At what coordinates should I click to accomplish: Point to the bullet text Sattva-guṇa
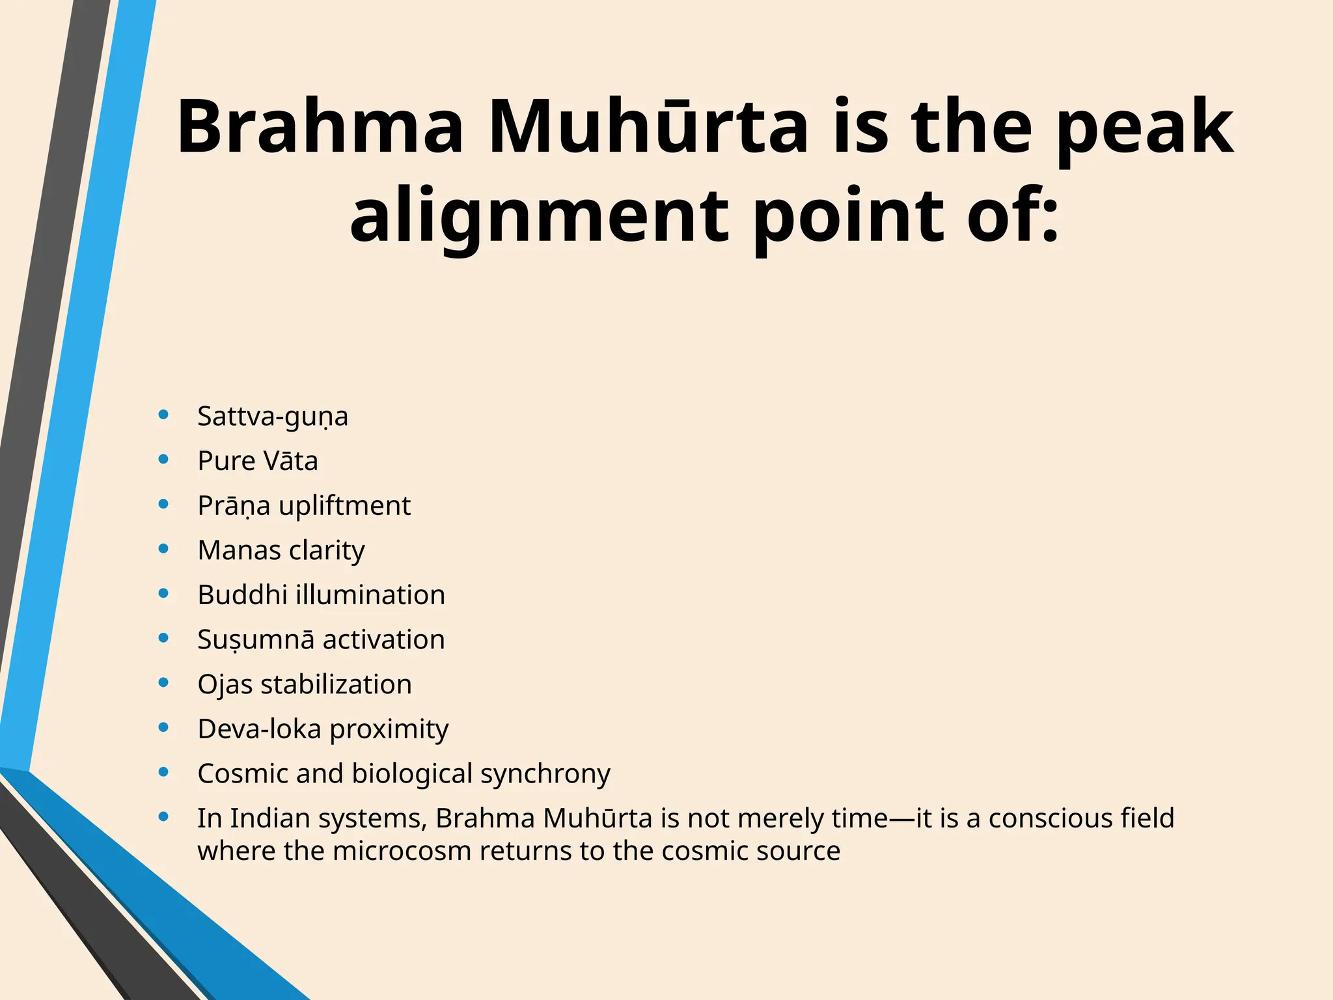pos(273,417)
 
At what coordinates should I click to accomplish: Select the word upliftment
pos(344,507)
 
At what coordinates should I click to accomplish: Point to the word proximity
pos(389,730)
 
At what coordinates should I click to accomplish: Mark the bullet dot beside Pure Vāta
pos(164,460)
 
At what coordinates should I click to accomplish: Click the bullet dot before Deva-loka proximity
pos(164,728)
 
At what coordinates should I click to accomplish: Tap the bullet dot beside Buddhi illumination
pos(164,594)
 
